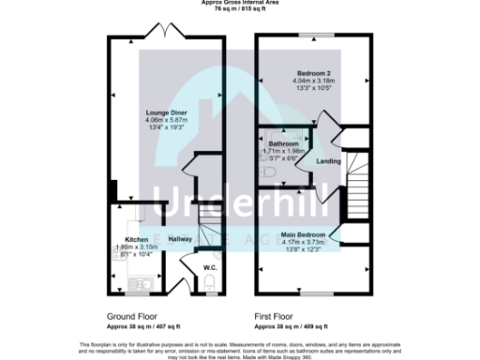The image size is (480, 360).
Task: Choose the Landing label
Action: pos(328,162)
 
